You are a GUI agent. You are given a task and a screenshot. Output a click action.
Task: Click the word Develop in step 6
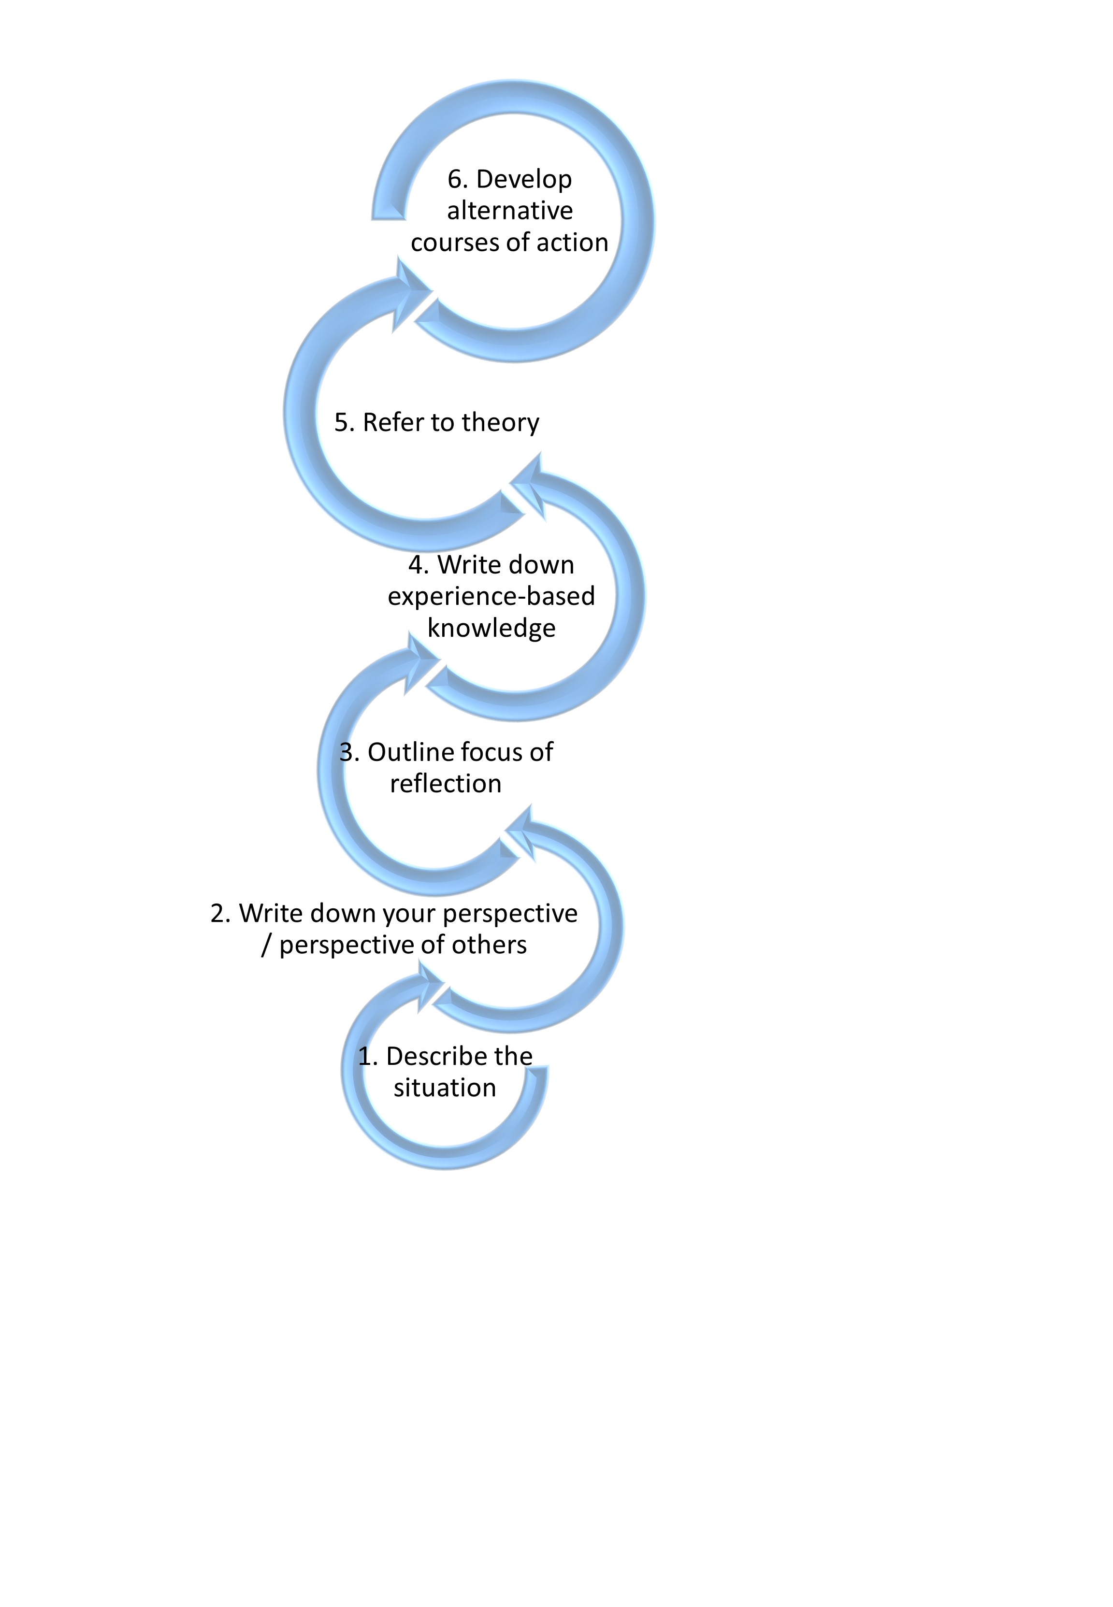[524, 180]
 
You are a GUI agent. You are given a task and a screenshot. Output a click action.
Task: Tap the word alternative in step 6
[510, 211]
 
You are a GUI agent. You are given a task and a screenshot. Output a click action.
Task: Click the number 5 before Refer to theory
[341, 422]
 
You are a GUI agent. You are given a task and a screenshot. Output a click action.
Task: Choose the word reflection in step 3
[446, 784]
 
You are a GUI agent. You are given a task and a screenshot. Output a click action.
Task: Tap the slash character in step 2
[266, 946]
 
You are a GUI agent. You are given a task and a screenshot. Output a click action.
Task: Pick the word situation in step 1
[445, 1088]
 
